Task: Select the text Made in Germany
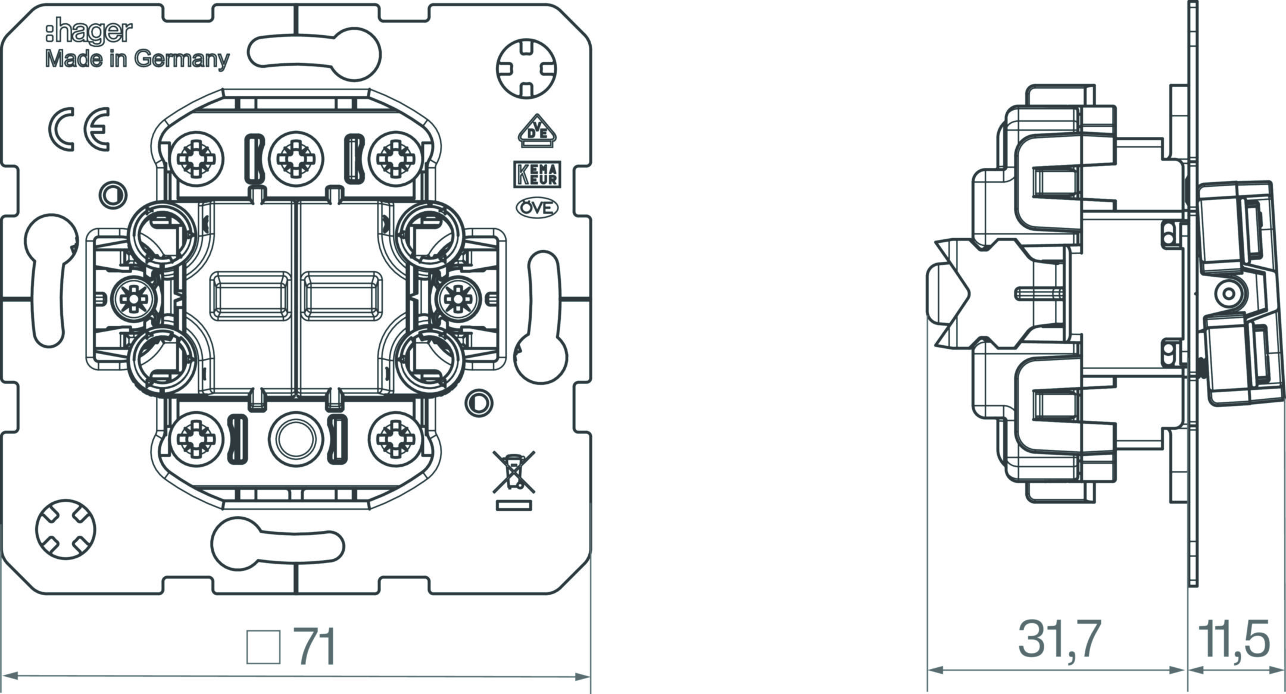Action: [x=138, y=60]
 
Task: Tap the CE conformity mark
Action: [x=79, y=129]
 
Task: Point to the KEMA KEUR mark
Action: [x=536, y=174]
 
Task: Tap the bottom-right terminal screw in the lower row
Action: [x=395, y=439]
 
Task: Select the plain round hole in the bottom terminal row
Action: [x=296, y=439]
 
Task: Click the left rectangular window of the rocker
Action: [x=247, y=296]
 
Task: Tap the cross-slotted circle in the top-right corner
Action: [x=526, y=68]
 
